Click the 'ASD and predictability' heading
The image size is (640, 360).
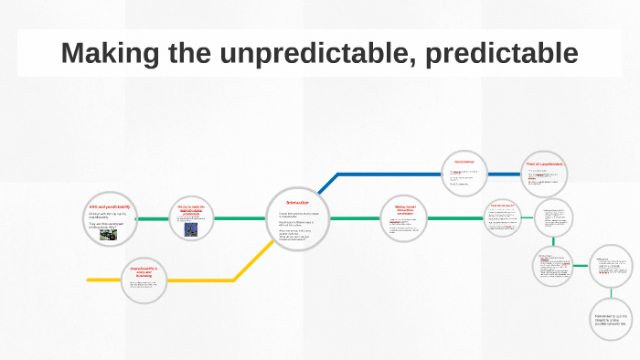click(110, 206)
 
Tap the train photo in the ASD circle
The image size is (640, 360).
click(108, 234)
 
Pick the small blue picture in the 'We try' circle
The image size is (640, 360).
click(191, 230)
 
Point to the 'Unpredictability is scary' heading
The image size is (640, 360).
click(144, 270)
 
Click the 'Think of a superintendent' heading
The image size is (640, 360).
click(546, 164)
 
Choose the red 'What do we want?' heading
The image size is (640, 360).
click(504, 206)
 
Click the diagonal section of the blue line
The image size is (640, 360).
click(325, 184)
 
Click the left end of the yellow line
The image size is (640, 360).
click(90, 279)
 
